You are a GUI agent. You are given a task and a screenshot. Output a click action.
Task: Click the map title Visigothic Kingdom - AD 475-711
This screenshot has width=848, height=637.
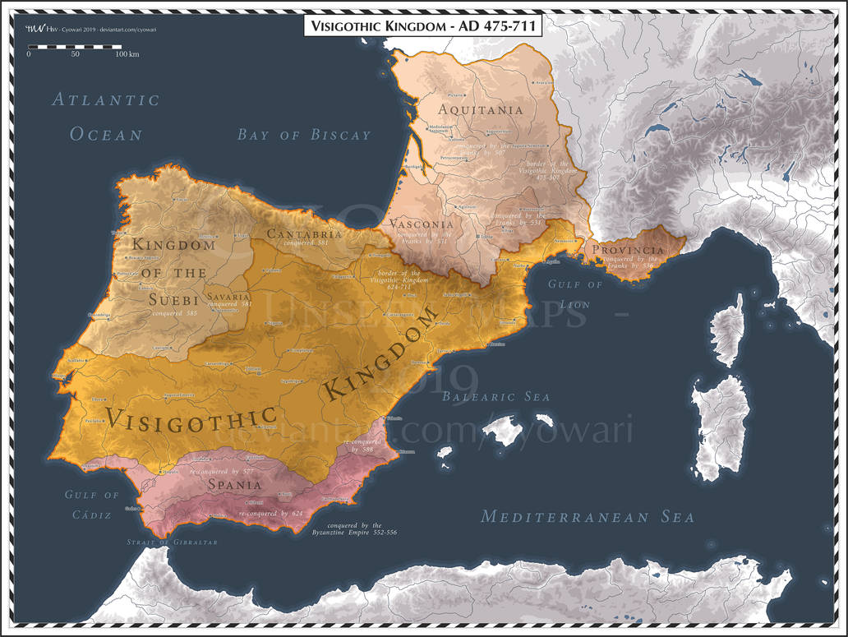point(423,25)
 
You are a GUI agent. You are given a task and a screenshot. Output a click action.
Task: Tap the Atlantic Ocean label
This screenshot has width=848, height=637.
point(106,117)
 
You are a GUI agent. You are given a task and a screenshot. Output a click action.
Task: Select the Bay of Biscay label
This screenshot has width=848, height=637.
point(304,135)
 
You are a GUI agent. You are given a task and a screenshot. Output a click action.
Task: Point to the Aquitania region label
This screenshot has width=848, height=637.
point(481,109)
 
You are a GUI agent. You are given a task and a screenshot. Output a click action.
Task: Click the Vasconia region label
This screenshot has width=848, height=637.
point(422,224)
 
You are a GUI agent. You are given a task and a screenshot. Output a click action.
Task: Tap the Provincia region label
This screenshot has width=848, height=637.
point(628,250)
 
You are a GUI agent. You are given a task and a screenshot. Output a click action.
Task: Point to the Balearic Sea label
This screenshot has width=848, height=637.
point(495,397)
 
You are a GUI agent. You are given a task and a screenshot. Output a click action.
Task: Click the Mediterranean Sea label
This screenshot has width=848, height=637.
point(588,517)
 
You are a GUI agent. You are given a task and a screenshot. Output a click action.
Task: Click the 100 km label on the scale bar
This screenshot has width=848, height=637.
point(127,54)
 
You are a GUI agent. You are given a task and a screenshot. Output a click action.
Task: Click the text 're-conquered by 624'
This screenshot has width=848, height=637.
point(270,514)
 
